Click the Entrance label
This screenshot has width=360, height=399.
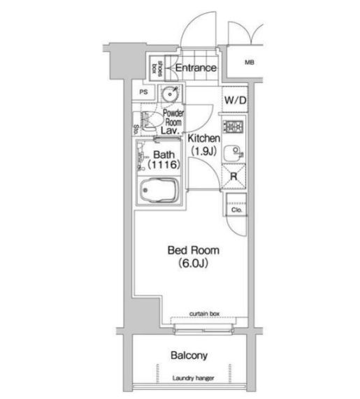coord(196,68)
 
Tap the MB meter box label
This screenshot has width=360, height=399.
coord(250,62)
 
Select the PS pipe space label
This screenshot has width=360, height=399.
coord(143,92)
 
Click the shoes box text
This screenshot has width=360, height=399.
coord(157,68)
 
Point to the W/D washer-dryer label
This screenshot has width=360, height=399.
coord(236,100)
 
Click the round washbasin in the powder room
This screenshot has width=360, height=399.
coord(170,94)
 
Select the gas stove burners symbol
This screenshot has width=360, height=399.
coord(233,126)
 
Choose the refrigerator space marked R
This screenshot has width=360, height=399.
coord(233,176)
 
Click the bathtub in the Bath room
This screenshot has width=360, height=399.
coord(160,190)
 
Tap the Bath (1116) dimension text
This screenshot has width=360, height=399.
coord(164,160)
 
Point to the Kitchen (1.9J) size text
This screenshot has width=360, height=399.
coord(203,145)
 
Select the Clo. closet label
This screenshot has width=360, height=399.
coord(236,210)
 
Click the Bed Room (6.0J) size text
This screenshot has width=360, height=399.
coord(194,256)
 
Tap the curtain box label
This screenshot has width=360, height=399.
coord(204,314)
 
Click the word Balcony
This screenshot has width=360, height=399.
coord(189,355)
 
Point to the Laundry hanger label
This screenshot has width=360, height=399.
coord(193,378)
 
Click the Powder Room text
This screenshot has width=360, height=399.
coord(173,117)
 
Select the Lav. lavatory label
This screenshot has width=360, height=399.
coord(170,131)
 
